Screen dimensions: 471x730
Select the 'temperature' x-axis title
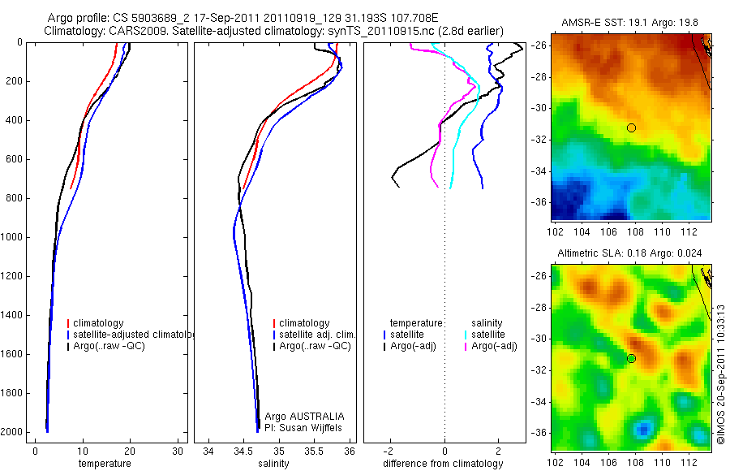point(105,464)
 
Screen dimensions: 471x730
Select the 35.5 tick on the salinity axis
point(315,451)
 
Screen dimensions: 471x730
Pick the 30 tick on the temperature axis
point(178,451)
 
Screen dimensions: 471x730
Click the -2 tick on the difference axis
point(390,451)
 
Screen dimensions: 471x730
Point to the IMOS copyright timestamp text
point(720,374)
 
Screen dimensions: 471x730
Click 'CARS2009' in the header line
point(131,31)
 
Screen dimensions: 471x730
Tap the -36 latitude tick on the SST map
point(539,202)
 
